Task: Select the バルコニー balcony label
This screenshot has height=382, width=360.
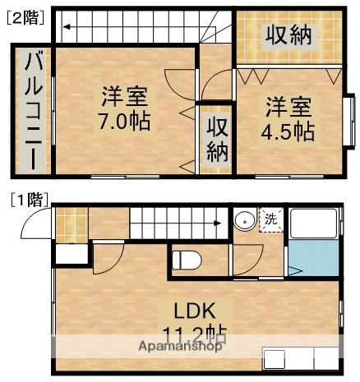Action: pos(34,111)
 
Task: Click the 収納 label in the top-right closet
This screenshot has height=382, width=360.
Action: pos(287,35)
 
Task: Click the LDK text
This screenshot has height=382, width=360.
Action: pos(193,311)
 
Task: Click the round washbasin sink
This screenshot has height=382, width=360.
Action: pos(244,222)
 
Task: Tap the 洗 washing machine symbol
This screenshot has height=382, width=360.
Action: pos(270,219)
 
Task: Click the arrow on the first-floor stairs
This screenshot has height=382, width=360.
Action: pos(217,222)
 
